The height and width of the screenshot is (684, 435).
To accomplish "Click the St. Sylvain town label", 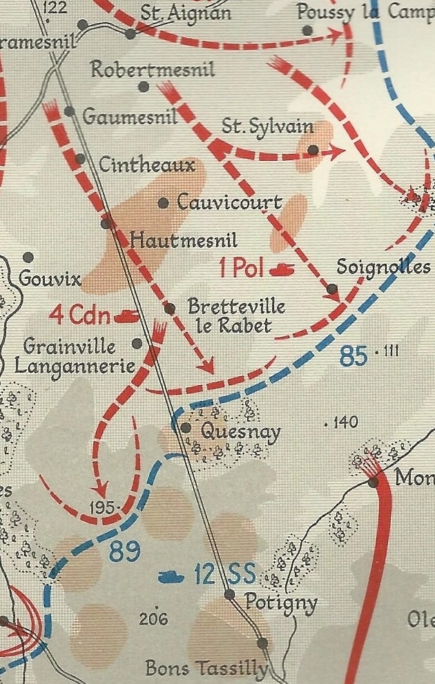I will pos(267,127).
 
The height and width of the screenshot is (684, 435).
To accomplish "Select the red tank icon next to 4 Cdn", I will pos(128,316).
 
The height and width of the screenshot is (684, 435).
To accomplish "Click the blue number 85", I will pos(353,356).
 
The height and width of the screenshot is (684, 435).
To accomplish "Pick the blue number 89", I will pos(124,551).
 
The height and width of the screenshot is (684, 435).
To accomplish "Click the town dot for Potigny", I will pos(230,594).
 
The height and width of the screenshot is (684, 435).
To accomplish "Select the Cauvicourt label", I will pos(229,202).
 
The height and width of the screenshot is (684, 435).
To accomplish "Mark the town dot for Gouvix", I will pos(28,257).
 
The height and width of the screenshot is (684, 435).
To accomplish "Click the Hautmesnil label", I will pos(184,240).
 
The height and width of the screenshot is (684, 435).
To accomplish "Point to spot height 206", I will pos(153,619).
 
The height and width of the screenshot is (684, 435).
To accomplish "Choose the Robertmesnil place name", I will pos(153,70).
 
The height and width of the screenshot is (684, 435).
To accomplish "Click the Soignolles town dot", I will pos(332,289).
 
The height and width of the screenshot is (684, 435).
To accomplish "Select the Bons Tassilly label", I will pos(206,668).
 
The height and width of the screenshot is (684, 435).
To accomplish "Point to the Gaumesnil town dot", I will pos(70,111).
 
